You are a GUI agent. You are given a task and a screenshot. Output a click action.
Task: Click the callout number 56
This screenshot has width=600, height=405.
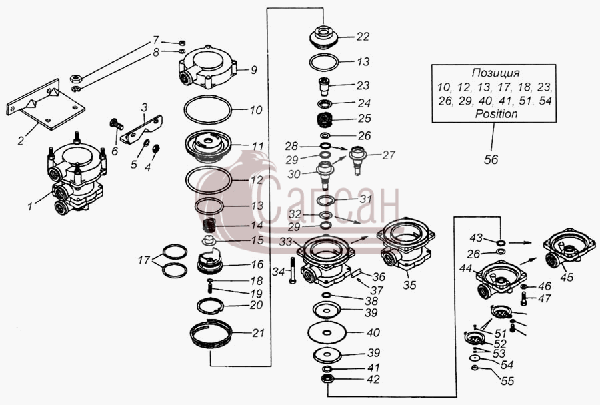point(491,159)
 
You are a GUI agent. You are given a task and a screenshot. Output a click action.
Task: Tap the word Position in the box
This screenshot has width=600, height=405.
point(496,114)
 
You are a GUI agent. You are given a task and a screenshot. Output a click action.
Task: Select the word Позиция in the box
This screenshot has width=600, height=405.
point(495,73)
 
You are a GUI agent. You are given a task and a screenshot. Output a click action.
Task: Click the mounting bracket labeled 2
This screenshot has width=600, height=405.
point(45,105)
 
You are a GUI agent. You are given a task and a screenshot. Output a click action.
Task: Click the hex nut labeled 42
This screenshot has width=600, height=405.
point(327,380)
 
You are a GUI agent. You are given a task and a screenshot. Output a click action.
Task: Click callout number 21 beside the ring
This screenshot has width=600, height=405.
point(258,333)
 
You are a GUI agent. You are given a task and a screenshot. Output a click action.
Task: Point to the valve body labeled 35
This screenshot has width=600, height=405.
point(405,243)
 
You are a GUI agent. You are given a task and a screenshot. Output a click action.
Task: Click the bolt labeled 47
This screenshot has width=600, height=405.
point(523,298)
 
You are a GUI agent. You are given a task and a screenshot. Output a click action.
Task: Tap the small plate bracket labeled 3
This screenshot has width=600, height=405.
point(141,129)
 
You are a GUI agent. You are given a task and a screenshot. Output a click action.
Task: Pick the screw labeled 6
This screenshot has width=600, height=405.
point(115,123)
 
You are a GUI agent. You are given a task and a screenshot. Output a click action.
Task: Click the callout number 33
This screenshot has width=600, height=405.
point(285,242)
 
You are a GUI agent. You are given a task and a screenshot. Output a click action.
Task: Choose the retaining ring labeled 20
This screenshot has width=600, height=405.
point(210,305)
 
